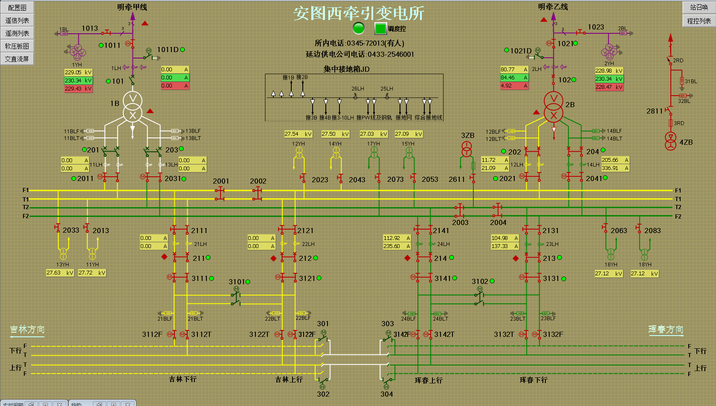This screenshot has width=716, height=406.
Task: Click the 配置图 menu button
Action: [x=17, y=8]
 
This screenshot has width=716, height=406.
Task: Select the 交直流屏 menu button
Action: [x=17, y=59]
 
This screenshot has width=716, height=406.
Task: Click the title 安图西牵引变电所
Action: [x=359, y=13]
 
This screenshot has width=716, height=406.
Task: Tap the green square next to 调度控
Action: [x=380, y=28]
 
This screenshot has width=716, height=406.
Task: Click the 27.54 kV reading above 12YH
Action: [x=298, y=134]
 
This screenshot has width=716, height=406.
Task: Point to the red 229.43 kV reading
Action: [x=78, y=89]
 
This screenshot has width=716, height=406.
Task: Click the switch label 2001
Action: [x=221, y=181]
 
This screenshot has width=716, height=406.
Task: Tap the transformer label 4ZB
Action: [x=686, y=142]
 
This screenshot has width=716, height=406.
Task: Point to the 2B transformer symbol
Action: [x=554, y=107]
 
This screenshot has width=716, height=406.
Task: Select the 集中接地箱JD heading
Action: [x=346, y=69]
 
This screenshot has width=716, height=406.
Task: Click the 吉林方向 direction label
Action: [x=27, y=329]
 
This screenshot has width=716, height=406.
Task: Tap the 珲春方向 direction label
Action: [x=666, y=329]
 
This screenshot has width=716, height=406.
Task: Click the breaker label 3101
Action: [x=237, y=282]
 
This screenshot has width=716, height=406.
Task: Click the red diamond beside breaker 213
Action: [x=516, y=258]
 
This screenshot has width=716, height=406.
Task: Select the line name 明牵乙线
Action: [x=553, y=7]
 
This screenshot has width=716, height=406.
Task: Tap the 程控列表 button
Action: [x=699, y=20]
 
